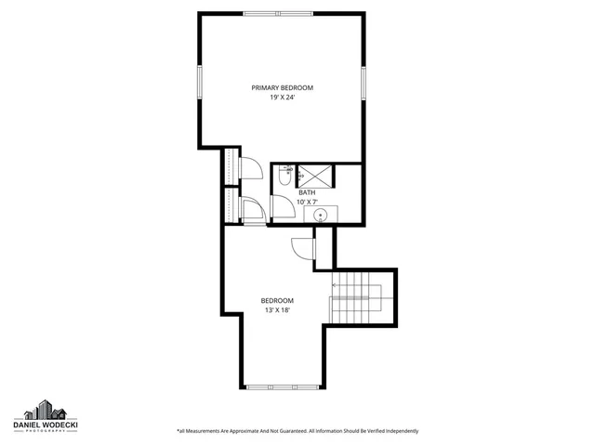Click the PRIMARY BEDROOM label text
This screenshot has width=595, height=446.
pyautogui.click(x=282, y=87)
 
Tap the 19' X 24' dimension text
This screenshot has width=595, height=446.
pyautogui.click(x=282, y=97)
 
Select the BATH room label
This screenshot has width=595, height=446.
pyautogui.click(x=306, y=192)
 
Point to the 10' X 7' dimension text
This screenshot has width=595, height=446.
pyautogui.click(x=306, y=202)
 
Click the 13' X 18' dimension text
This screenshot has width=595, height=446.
pyautogui.click(x=277, y=309)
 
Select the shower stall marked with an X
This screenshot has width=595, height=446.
pyautogui.click(x=315, y=174)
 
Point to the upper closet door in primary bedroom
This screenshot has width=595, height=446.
pyautogui.click(x=249, y=167)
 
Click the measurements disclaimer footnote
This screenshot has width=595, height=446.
pyautogui.click(x=297, y=431)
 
